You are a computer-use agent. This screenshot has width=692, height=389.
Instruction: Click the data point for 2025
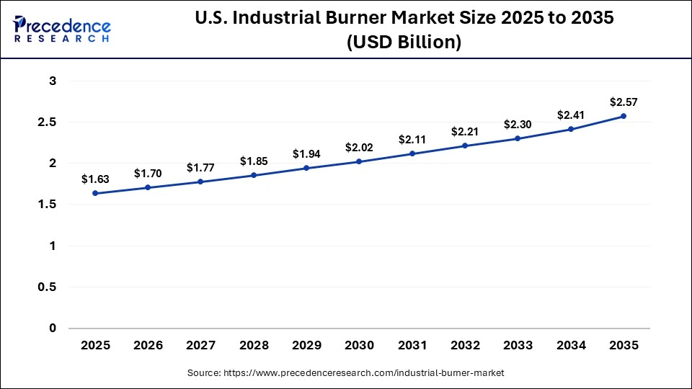95,193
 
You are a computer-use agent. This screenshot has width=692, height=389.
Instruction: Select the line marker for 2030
359,161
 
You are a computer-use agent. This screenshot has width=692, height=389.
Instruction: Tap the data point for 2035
624,116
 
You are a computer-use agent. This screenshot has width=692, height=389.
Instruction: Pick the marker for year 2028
254,175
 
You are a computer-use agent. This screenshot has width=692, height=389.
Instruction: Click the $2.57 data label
624,102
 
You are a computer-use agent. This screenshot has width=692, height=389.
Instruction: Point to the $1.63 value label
95,179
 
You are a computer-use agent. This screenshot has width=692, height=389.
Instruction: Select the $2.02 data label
359,147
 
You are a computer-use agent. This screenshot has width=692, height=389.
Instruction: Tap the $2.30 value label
518,124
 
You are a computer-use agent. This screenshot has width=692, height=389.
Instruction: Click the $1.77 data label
201,167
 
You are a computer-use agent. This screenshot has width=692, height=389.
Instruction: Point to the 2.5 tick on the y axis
47,122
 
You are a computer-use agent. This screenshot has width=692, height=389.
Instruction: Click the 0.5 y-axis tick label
47,287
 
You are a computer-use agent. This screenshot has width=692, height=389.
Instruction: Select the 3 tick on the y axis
53,81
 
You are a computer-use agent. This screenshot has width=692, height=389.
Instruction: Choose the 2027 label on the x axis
201,346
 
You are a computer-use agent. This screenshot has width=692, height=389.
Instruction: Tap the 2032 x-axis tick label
465,346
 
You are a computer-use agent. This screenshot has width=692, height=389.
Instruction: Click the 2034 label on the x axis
571,346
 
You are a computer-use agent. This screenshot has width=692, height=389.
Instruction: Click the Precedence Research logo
62,29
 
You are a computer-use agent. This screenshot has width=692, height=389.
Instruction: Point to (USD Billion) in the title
404,43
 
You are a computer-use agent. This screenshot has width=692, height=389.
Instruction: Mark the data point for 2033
518,138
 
